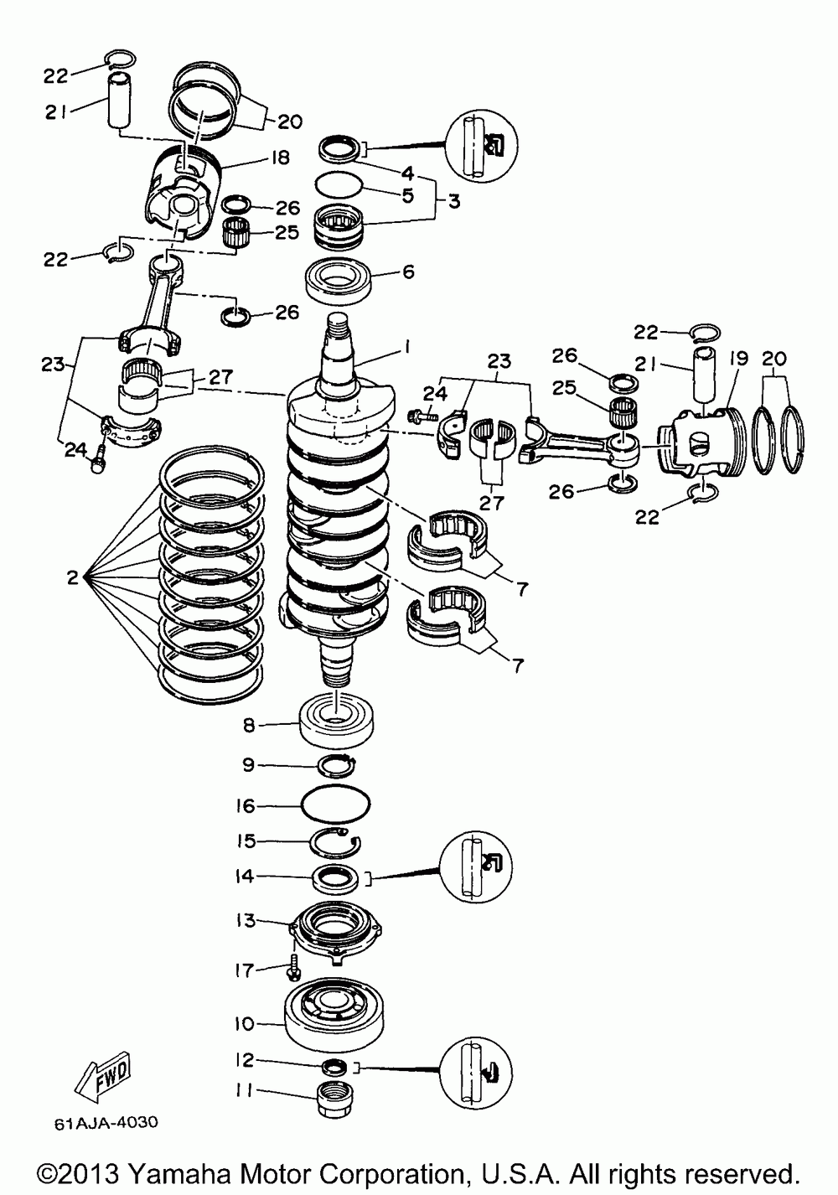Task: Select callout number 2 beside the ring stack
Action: point(73,577)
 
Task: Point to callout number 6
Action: point(408,272)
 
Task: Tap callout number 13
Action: point(244,920)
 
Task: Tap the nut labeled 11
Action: point(336,1098)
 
